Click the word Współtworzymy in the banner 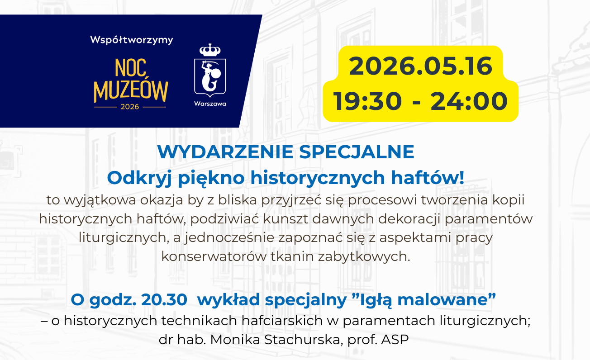[131, 40]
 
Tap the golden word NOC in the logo [131, 68]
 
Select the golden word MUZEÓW [131, 91]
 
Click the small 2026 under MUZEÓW [130, 107]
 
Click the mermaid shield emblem [210, 78]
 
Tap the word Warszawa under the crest [210, 104]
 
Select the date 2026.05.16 [421, 66]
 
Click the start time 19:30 [367, 101]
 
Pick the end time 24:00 [469, 101]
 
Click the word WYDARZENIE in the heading [225, 152]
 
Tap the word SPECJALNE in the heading [357, 152]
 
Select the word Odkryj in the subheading [139, 178]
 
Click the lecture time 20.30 [164, 300]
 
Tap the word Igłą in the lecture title [376, 300]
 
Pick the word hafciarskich [282, 321]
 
